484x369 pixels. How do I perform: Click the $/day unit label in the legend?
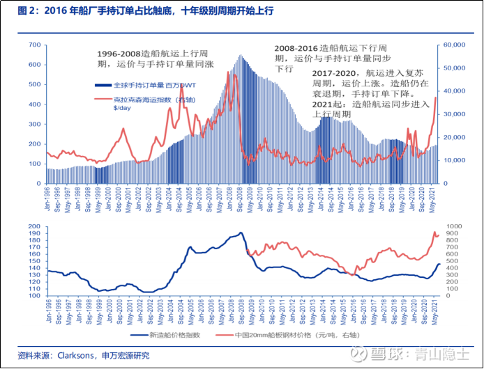pos(121,108)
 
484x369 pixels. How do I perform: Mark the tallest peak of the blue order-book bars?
pos(241,56)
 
